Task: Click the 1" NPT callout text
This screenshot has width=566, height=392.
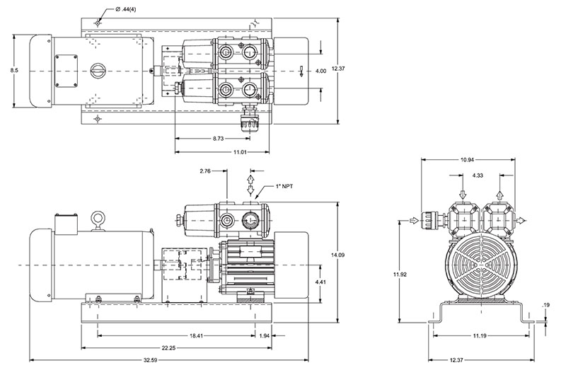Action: click(284, 187)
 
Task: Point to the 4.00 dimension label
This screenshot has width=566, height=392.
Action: click(320, 71)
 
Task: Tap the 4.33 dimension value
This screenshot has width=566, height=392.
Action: click(478, 175)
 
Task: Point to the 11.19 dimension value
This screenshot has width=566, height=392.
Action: click(479, 335)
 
